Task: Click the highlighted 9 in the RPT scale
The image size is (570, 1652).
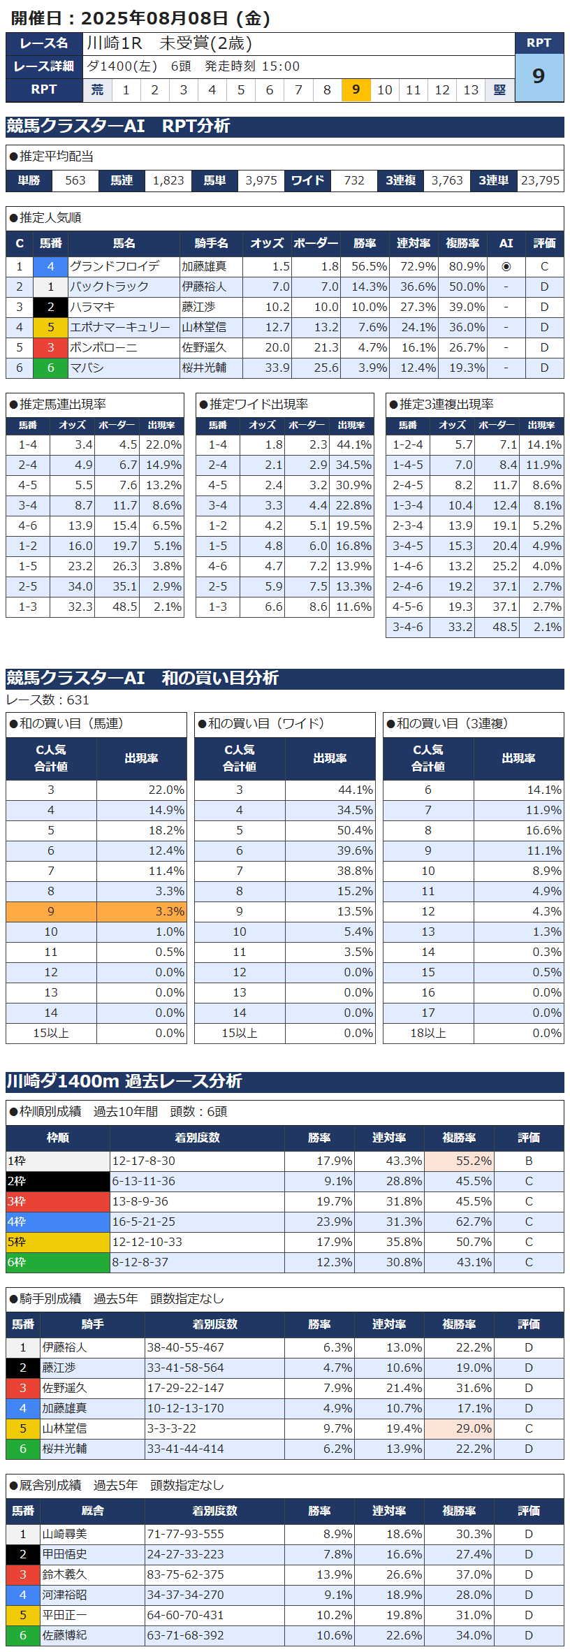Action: coord(356,89)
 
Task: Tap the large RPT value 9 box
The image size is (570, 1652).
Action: coord(539,76)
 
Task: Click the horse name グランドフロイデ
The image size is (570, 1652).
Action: coord(115,266)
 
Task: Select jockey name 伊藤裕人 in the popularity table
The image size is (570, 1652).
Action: coord(204,287)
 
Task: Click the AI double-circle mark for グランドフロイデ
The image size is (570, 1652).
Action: coord(506,266)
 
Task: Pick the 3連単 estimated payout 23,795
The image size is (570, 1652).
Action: coord(540,180)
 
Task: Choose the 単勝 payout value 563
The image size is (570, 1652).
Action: coord(75,180)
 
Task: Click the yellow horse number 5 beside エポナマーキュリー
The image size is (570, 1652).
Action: coord(51,327)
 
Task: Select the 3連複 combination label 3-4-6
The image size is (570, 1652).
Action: coord(407,627)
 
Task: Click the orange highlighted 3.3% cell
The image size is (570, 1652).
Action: coord(142,911)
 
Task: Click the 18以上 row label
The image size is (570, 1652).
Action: coord(428,1033)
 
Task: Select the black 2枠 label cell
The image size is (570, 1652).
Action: coord(58,1181)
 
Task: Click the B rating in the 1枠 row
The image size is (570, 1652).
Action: coord(529,1161)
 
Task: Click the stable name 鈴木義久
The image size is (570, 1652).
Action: coord(64,1574)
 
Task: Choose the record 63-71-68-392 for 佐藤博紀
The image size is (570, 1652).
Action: coord(186,1635)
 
